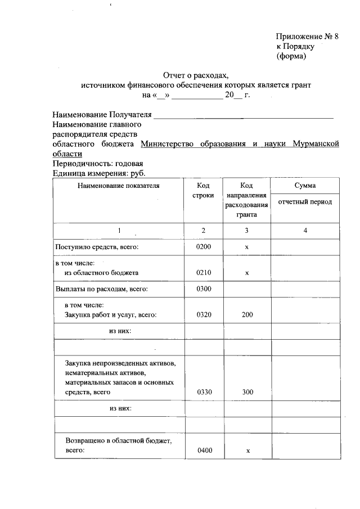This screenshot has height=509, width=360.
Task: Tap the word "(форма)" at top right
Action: tap(291, 56)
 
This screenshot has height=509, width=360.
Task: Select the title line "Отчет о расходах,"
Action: tap(196, 75)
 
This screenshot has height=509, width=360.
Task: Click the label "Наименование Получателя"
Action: tap(102, 115)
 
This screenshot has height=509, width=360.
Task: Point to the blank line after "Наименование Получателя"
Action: tap(244, 117)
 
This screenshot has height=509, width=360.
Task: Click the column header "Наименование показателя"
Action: tap(119, 186)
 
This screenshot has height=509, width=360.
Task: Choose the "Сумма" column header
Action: tap(304, 186)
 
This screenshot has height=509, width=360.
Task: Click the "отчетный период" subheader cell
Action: tap(304, 202)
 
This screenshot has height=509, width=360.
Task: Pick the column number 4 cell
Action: tap(304, 231)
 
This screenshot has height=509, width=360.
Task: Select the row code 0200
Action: tap(203, 247)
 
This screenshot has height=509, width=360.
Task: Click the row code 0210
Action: tap(203, 273)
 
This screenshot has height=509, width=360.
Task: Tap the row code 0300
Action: tap(203, 289)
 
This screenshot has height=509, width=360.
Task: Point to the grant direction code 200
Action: tap(247, 315)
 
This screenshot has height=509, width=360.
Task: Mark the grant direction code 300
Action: tap(247, 392)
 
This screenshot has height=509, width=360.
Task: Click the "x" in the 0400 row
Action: tap(247, 451)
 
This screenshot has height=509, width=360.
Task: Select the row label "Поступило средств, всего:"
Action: tap(96, 247)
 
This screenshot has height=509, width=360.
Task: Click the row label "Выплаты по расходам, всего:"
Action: tap(101, 289)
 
